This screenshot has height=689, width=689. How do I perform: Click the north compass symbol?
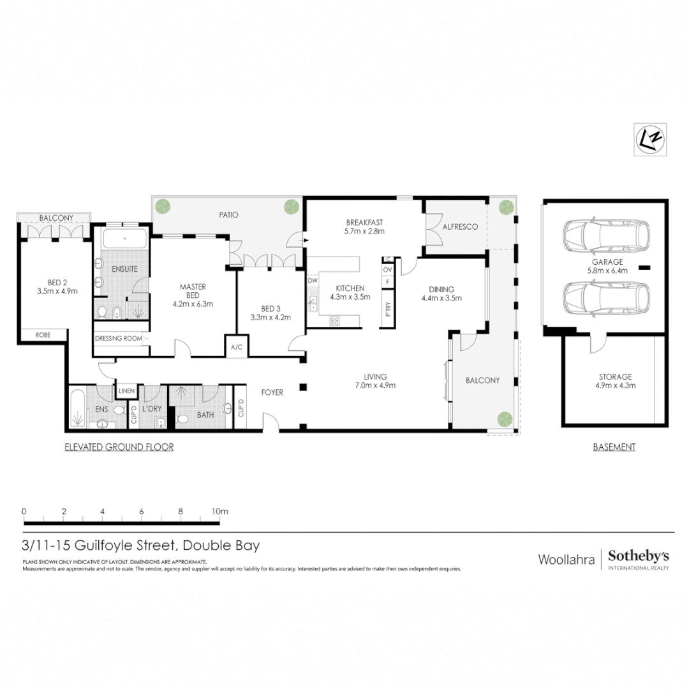click(650, 139)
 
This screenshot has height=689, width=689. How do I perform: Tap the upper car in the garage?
click(606, 236)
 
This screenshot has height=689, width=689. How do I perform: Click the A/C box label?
click(236, 347)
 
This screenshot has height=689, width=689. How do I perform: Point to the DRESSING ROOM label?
click(118, 339)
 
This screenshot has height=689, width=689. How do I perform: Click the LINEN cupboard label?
click(126, 390)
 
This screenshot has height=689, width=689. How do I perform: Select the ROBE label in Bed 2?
click(42, 334)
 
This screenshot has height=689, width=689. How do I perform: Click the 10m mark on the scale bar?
click(219, 512)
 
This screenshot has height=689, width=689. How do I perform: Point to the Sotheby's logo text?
click(639, 556)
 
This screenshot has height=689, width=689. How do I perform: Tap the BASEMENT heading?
click(614, 447)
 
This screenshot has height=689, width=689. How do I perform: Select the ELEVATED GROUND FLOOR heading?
click(119, 447)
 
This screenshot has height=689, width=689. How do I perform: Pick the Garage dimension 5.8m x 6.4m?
click(607, 270)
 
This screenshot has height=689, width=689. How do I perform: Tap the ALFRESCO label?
click(460, 226)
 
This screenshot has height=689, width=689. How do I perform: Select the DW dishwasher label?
click(313, 280)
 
